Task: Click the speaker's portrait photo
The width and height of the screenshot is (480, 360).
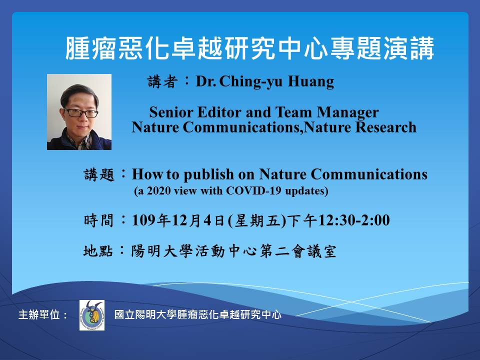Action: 79,111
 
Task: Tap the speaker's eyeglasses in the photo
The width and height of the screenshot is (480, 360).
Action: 81,113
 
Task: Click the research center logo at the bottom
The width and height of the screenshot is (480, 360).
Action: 92,315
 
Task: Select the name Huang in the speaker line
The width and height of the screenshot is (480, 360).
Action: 310,82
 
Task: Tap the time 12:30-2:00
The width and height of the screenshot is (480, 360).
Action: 354,220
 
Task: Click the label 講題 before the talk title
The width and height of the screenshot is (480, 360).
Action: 99,175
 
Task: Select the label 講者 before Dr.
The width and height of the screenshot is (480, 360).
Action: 162,81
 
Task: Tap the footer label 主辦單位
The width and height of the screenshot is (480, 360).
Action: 39,314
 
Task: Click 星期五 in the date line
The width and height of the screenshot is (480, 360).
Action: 257,220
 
